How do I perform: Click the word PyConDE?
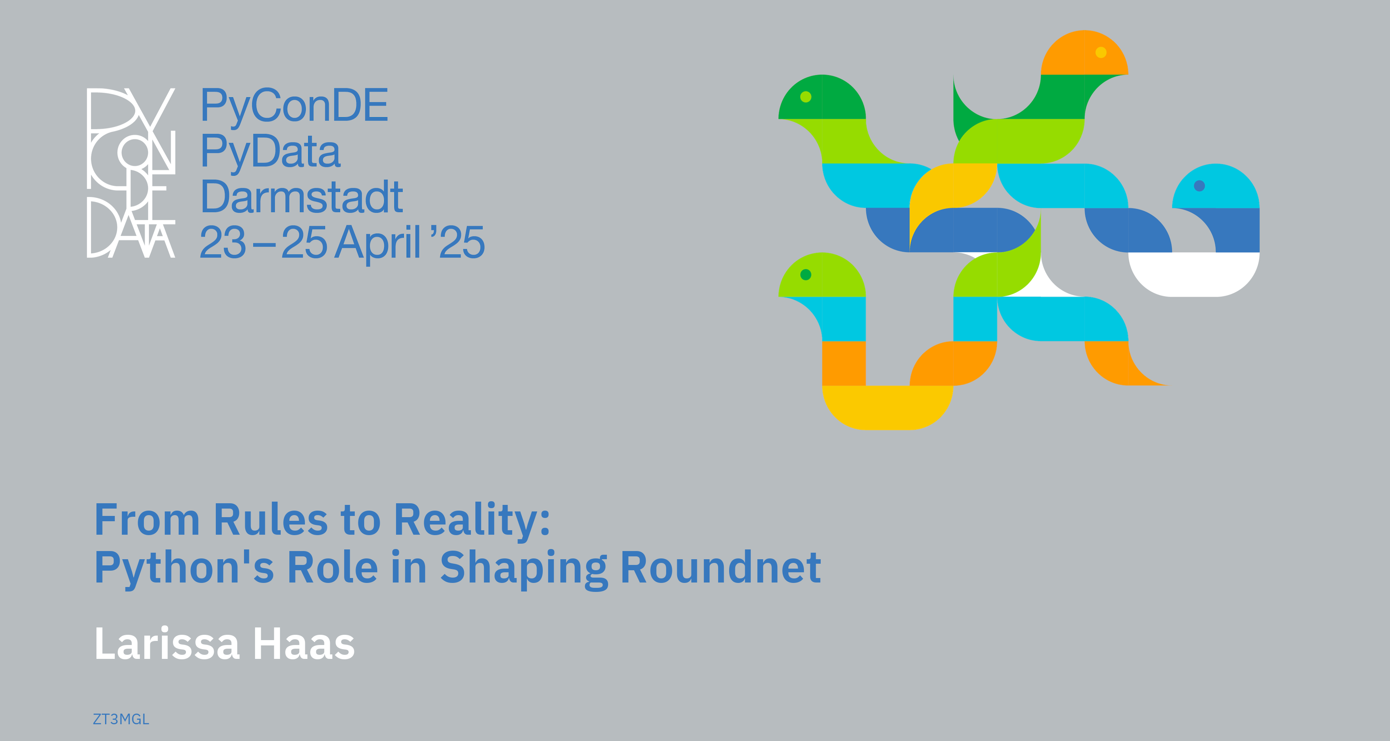[x=294, y=106]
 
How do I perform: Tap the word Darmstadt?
[x=302, y=197]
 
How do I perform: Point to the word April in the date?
[x=377, y=243]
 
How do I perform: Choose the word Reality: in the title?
[x=472, y=520]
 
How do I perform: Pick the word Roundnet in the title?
[x=721, y=567]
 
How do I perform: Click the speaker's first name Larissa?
[x=167, y=643]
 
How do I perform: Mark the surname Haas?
[x=304, y=644]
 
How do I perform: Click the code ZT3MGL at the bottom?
[x=121, y=719]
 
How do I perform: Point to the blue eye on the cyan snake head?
[x=1199, y=185]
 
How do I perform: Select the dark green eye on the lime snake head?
[x=806, y=275]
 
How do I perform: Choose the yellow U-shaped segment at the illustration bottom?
[x=888, y=408]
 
